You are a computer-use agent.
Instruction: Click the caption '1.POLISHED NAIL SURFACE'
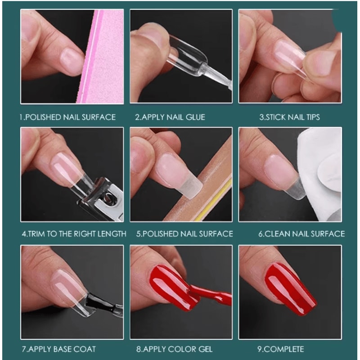pos(67,117)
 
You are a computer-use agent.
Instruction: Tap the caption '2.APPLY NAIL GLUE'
pos(170,117)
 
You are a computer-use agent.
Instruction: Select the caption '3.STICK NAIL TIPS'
pos(289,117)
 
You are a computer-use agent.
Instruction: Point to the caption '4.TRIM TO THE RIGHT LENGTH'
pos(74,234)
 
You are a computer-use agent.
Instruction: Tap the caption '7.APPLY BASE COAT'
pos(58,349)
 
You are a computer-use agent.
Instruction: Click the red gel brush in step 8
pos(211,295)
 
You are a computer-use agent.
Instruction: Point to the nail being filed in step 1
pos(72,61)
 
